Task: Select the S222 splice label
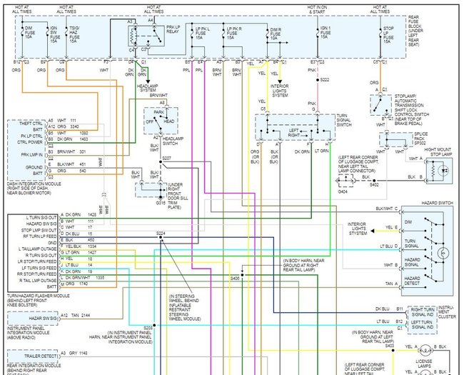point(326,80)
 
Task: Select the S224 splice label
point(161,234)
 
